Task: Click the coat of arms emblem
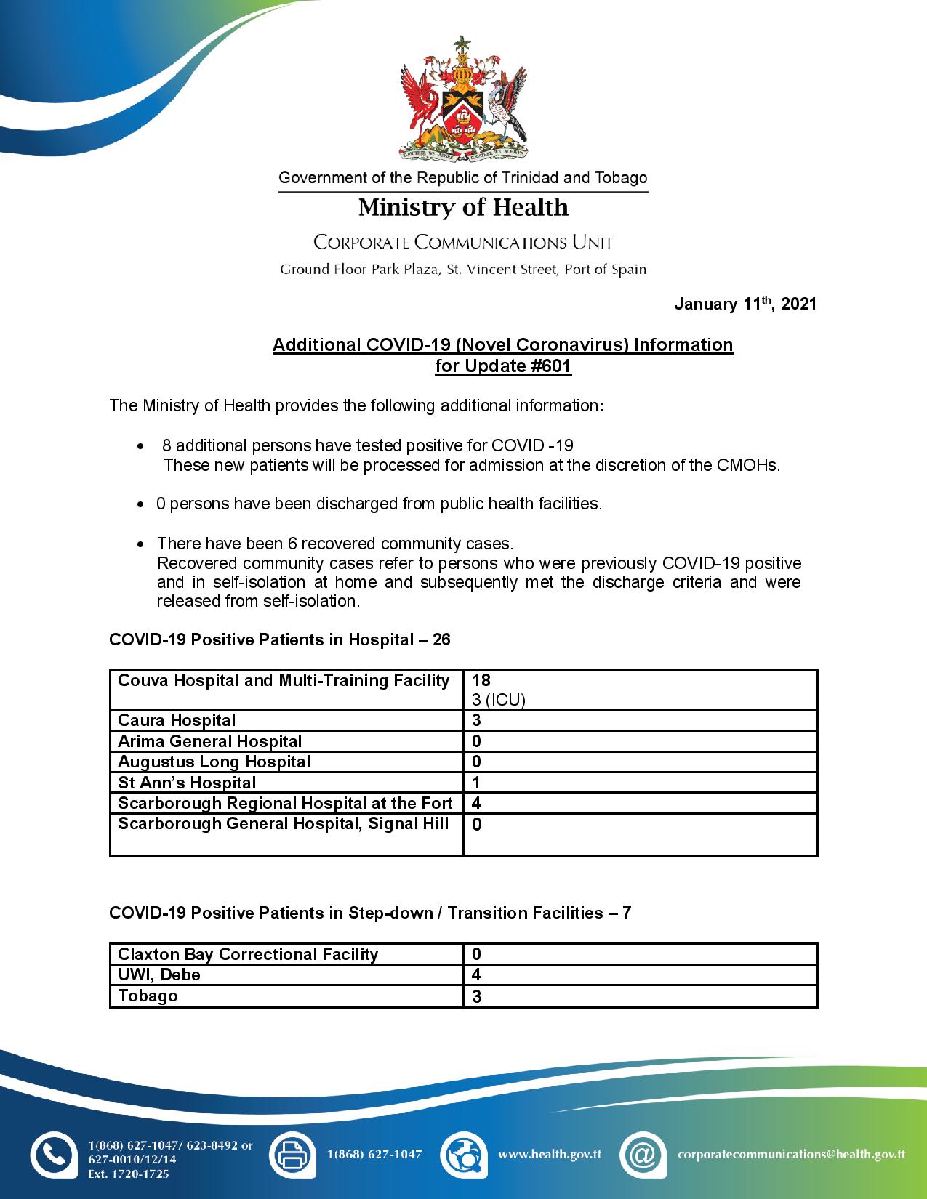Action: click(x=463, y=99)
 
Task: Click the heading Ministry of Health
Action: click(x=463, y=208)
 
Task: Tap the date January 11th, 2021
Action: click(x=745, y=304)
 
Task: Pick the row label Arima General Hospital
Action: click(x=209, y=741)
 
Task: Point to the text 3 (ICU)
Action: click(x=498, y=700)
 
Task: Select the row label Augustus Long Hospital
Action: click(x=214, y=762)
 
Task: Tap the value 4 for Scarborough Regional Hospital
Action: click(x=477, y=803)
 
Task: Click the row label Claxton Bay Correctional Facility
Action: click(x=247, y=954)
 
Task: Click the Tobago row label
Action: click(x=148, y=996)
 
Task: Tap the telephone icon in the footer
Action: click(x=53, y=1155)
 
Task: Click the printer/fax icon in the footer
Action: click(x=292, y=1155)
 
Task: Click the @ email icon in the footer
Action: click(x=643, y=1155)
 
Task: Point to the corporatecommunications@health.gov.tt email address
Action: click(x=791, y=1154)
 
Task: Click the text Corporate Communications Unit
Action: click(x=463, y=242)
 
